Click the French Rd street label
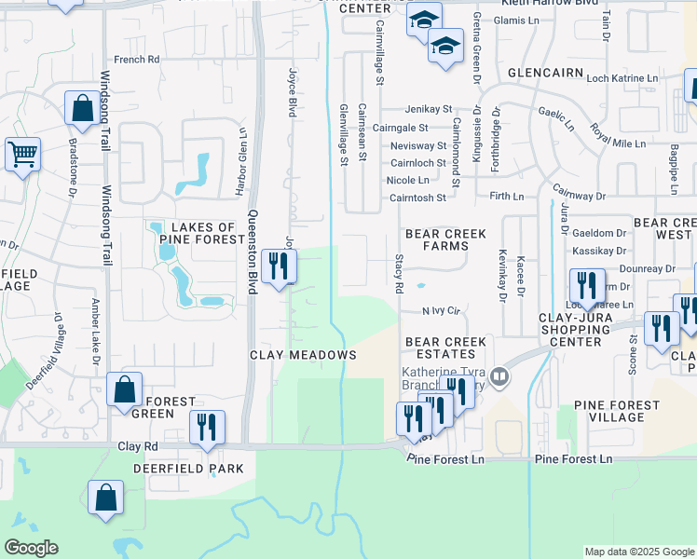[137, 60]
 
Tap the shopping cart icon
[22, 154]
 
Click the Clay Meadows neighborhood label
[303, 355]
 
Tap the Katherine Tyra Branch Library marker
[500, 376]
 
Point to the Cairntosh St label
[418, 198]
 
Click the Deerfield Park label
[188, 469]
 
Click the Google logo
[31, 548]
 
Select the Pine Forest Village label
[608, 411]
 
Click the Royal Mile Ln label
[623, 143]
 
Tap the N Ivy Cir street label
[442, 310]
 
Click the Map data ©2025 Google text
[638, 552]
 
